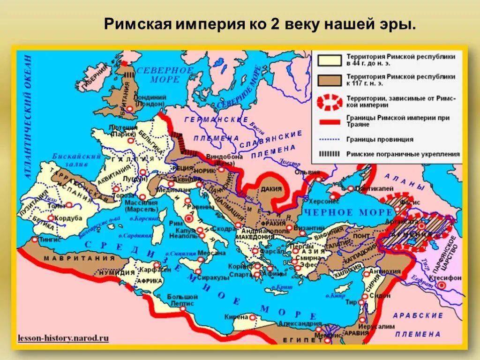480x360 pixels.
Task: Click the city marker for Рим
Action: pyautogui.click(x=189, y=218)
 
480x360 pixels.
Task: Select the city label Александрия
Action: pyautogui.click(x=300, y=323)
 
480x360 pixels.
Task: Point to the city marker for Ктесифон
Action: pyautogui.click(x=442, y=285)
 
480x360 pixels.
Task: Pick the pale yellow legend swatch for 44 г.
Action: pyautogui.click(x=330, y=60)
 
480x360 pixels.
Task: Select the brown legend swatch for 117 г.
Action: pyautogui.click(x=330, y=79)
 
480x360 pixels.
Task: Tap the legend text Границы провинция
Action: pyautogui.click(x=380, y=139)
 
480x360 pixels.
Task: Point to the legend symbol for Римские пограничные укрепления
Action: pyautogui.click(x=330, y=153)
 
